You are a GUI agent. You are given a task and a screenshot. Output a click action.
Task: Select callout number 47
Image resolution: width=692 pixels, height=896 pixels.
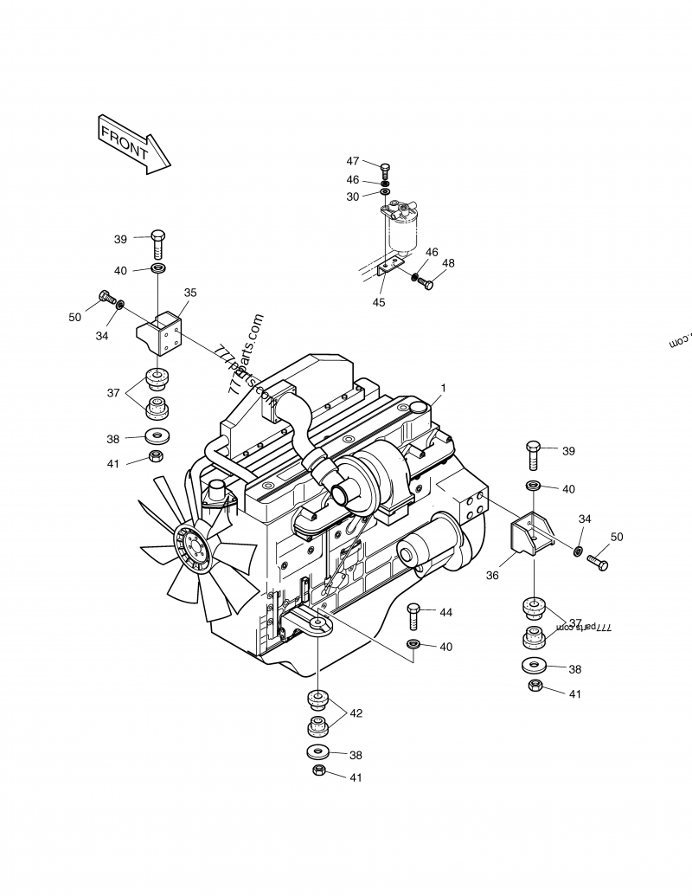[x=353, y=161]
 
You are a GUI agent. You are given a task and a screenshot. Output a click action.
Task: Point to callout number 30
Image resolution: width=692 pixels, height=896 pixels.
[x=353, y=197]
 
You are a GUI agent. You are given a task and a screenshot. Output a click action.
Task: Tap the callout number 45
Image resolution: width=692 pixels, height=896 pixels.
[x=379, y=302]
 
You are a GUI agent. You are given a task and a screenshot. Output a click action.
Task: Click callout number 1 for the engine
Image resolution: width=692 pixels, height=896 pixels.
[x=444, y=387]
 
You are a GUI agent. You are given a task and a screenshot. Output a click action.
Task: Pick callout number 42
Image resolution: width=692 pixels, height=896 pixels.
[x=356, y=713]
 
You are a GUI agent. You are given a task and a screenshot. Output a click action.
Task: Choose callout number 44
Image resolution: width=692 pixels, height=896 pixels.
[x=445, y=612]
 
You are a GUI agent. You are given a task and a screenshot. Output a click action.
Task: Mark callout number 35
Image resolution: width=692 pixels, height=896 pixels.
[x=190, y=293]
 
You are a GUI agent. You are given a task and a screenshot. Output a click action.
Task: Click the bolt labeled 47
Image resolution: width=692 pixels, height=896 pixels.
[x=385, y=168]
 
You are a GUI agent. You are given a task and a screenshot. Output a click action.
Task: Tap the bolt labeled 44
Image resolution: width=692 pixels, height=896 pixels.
[x=413, y=616]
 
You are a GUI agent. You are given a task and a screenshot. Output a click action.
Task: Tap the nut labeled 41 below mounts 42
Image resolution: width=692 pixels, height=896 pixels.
[x=317, y=770]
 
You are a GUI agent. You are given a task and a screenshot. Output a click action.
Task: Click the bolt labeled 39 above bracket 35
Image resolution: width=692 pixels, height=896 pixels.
[x=158, y=243]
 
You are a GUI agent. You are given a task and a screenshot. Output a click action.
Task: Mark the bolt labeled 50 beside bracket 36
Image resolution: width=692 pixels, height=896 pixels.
[x=598, y=563]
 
